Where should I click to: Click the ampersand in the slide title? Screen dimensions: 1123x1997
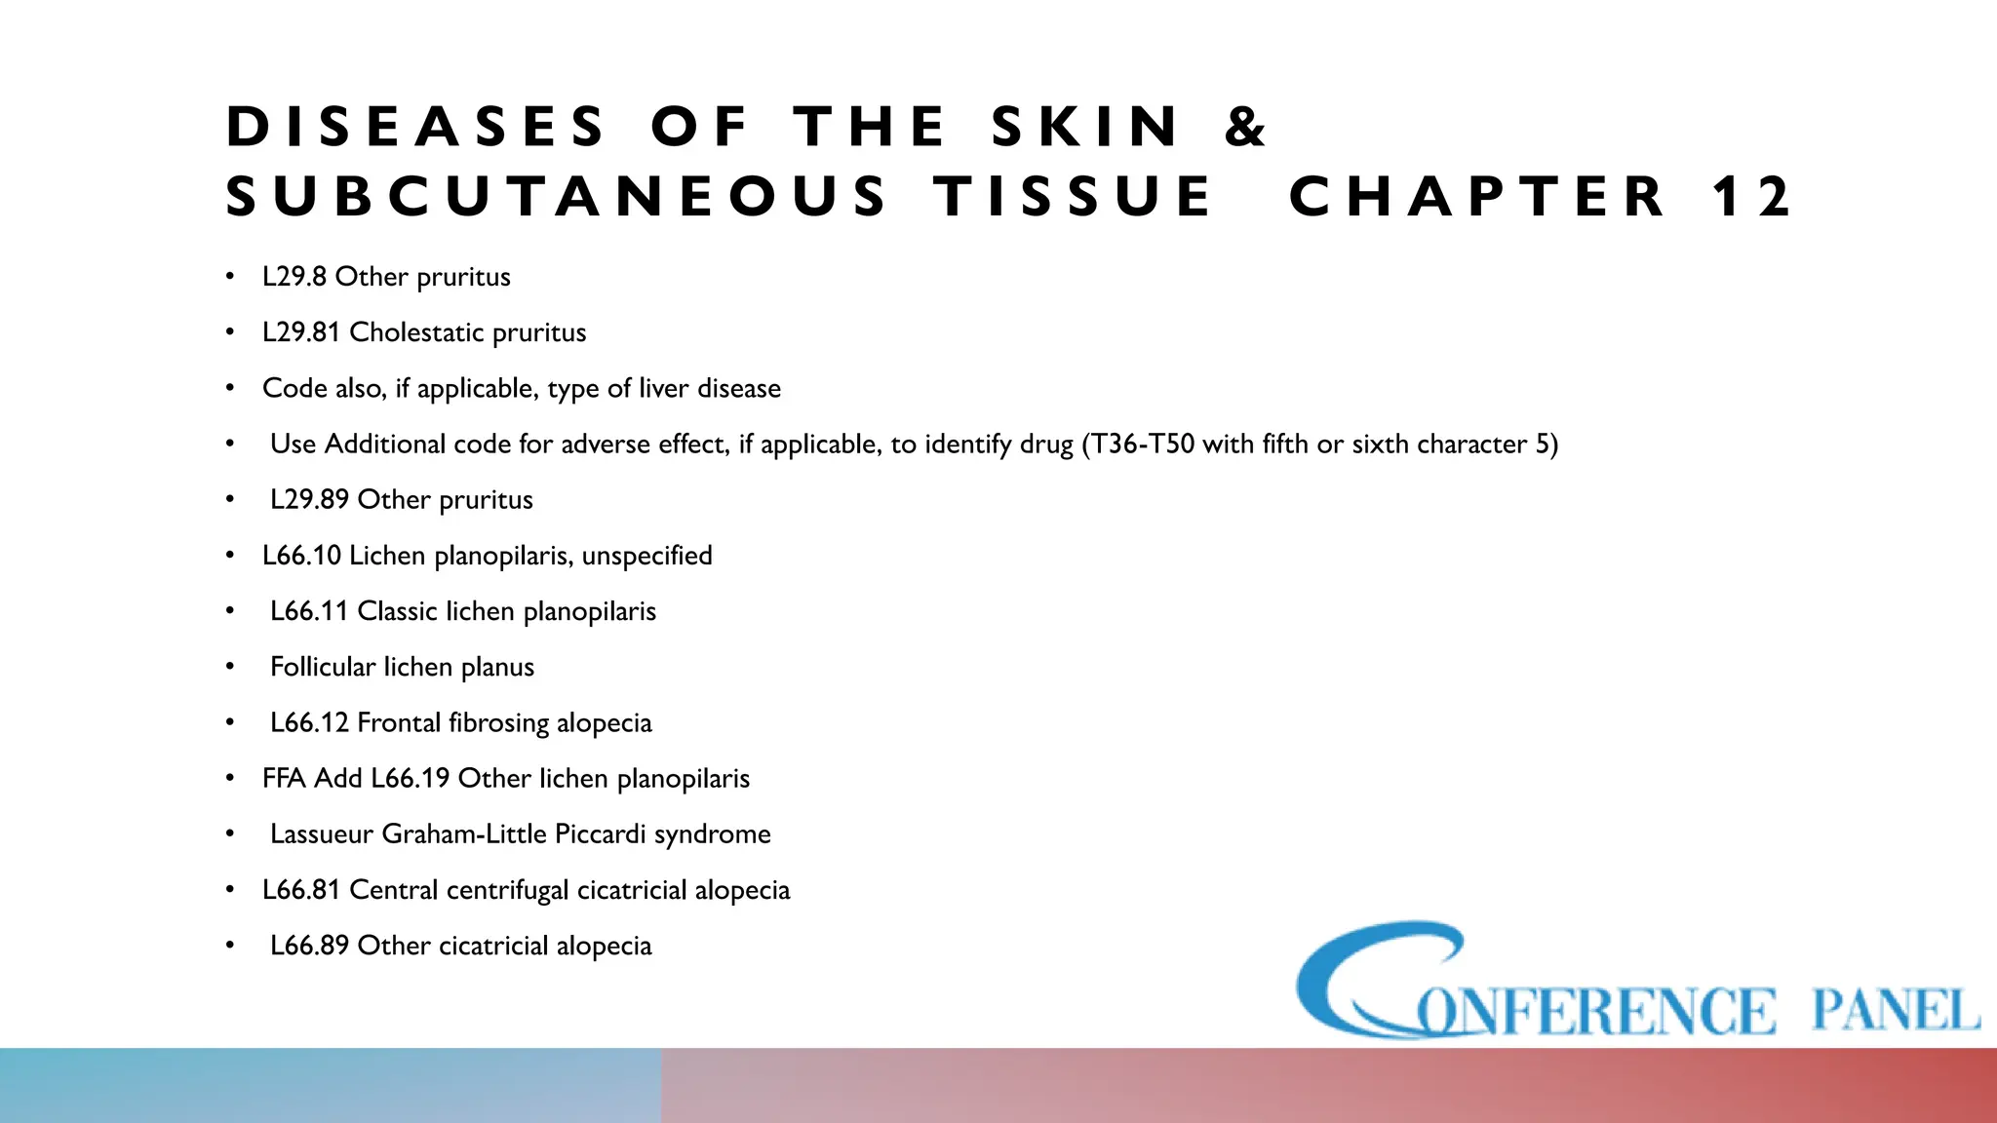[x=1245, y=128]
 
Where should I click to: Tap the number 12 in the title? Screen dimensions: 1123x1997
[x=1752, y=197]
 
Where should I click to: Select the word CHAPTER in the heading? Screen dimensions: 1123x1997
[x=1477, y=197]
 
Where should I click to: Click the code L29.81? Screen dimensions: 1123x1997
[x=301, y=332]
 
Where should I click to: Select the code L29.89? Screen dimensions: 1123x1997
[x=309, y=500]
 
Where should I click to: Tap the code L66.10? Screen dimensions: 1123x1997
[x=301, y=556]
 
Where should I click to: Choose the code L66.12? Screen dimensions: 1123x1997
[x=309, y=722]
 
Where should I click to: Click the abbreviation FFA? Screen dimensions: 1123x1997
[x=283, y=778]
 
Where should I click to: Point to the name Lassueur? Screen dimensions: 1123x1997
[x=321, y=834]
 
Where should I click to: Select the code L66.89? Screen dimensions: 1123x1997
[x=309, y=946]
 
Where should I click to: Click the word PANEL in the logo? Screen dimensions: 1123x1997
[x=1895, y=1009]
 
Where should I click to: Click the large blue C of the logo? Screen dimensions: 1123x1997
[x=1365, y=980]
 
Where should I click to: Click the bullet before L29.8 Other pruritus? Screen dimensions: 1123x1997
[x=230, y=277]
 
